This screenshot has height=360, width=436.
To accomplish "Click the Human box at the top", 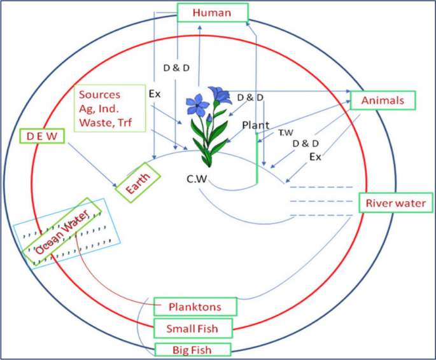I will tap(212, 13).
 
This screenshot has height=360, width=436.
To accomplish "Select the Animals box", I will tap(383, 100).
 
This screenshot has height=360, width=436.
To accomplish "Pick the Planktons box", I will tap(194, 307).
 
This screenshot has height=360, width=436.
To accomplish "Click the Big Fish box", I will tap(192, 349).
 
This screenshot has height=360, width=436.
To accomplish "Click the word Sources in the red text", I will tap(99, 95).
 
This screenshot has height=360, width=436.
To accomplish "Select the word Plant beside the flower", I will tap(255, 125).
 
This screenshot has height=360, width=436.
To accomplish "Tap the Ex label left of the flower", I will tap(155, 93).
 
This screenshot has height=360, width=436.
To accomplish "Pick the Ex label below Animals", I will tap(314, 156).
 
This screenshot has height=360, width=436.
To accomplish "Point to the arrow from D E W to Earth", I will tap(92, 163).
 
